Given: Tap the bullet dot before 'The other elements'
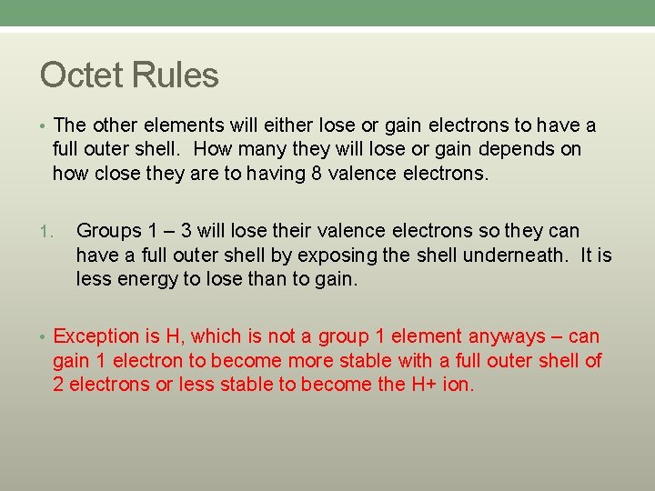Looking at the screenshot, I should click(x=45, y=125).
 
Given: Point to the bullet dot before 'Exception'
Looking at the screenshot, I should click(x=45, y=337).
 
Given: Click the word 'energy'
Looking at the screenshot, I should click(x=146, y=279).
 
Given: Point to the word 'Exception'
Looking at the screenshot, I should click(x=95, y=337).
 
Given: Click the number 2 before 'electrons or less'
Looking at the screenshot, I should click(x=58, y=385).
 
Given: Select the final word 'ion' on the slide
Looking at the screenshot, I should click(x=457, y=385).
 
